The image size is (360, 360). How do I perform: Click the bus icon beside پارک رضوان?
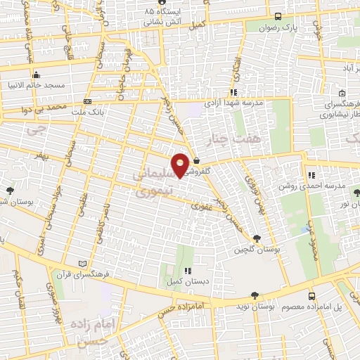[x=278, y=17]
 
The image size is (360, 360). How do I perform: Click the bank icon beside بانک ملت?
[x=87, y=101]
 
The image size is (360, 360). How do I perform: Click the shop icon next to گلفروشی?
[x=196, y=160]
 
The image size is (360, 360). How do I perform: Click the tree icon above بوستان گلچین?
[x=256, y=239]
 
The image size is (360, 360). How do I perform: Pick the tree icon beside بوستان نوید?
[x=255, y=296]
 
